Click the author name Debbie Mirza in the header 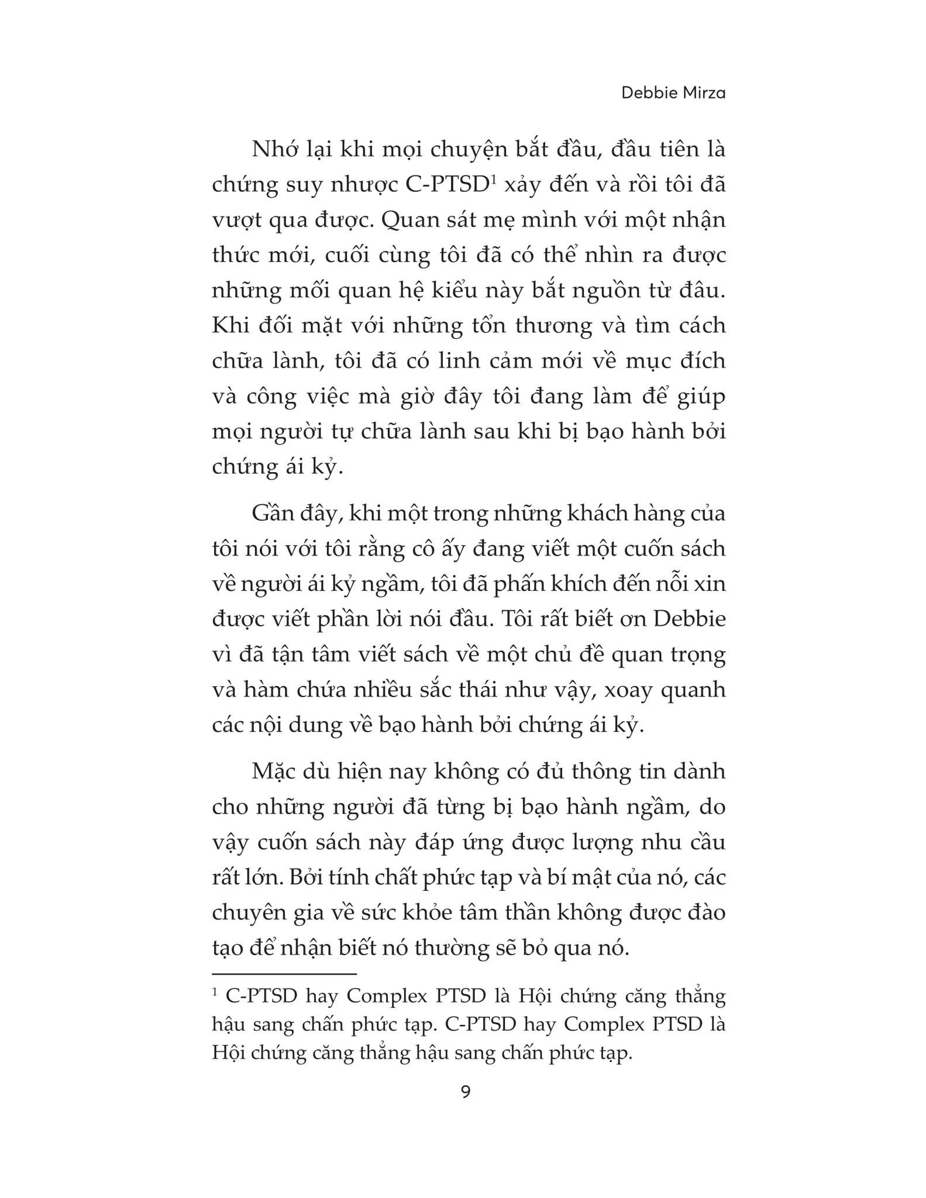coord(673,92)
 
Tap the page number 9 coord(466,1092)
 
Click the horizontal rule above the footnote coord(284,975)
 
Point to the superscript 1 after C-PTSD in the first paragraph coord(493,179)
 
